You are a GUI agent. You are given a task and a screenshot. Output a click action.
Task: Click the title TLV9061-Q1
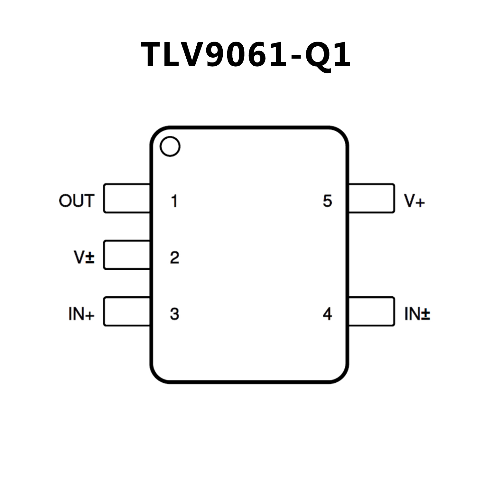[x=246, y=55]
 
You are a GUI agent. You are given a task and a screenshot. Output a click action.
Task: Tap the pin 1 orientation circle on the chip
[x=170, y=146]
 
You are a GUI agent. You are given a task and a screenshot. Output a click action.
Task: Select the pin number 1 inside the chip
[x=174, y=201]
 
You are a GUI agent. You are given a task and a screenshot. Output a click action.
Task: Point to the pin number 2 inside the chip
[x=174, y=257]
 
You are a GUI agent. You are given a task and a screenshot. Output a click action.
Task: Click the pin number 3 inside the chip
[x=174, y=314]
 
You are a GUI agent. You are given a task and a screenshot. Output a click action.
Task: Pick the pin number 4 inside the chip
[x=327, y=314]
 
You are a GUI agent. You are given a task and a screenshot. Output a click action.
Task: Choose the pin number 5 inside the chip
[x=327, y=201]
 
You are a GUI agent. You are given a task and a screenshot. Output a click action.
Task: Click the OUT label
[x=77, y=201]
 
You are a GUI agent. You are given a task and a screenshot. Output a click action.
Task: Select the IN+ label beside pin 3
[x=81, y=314]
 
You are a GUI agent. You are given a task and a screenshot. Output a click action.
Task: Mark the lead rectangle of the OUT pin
[x=127, y=198]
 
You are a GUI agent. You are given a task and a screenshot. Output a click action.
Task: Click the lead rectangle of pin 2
[x=127, y=255]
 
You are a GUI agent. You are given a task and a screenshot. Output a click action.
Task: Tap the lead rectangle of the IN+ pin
[x=127, y=311]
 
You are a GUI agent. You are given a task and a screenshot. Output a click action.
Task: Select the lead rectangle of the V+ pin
[x=372, y=198]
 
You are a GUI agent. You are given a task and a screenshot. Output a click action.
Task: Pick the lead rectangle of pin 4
[x=372, y=311]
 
